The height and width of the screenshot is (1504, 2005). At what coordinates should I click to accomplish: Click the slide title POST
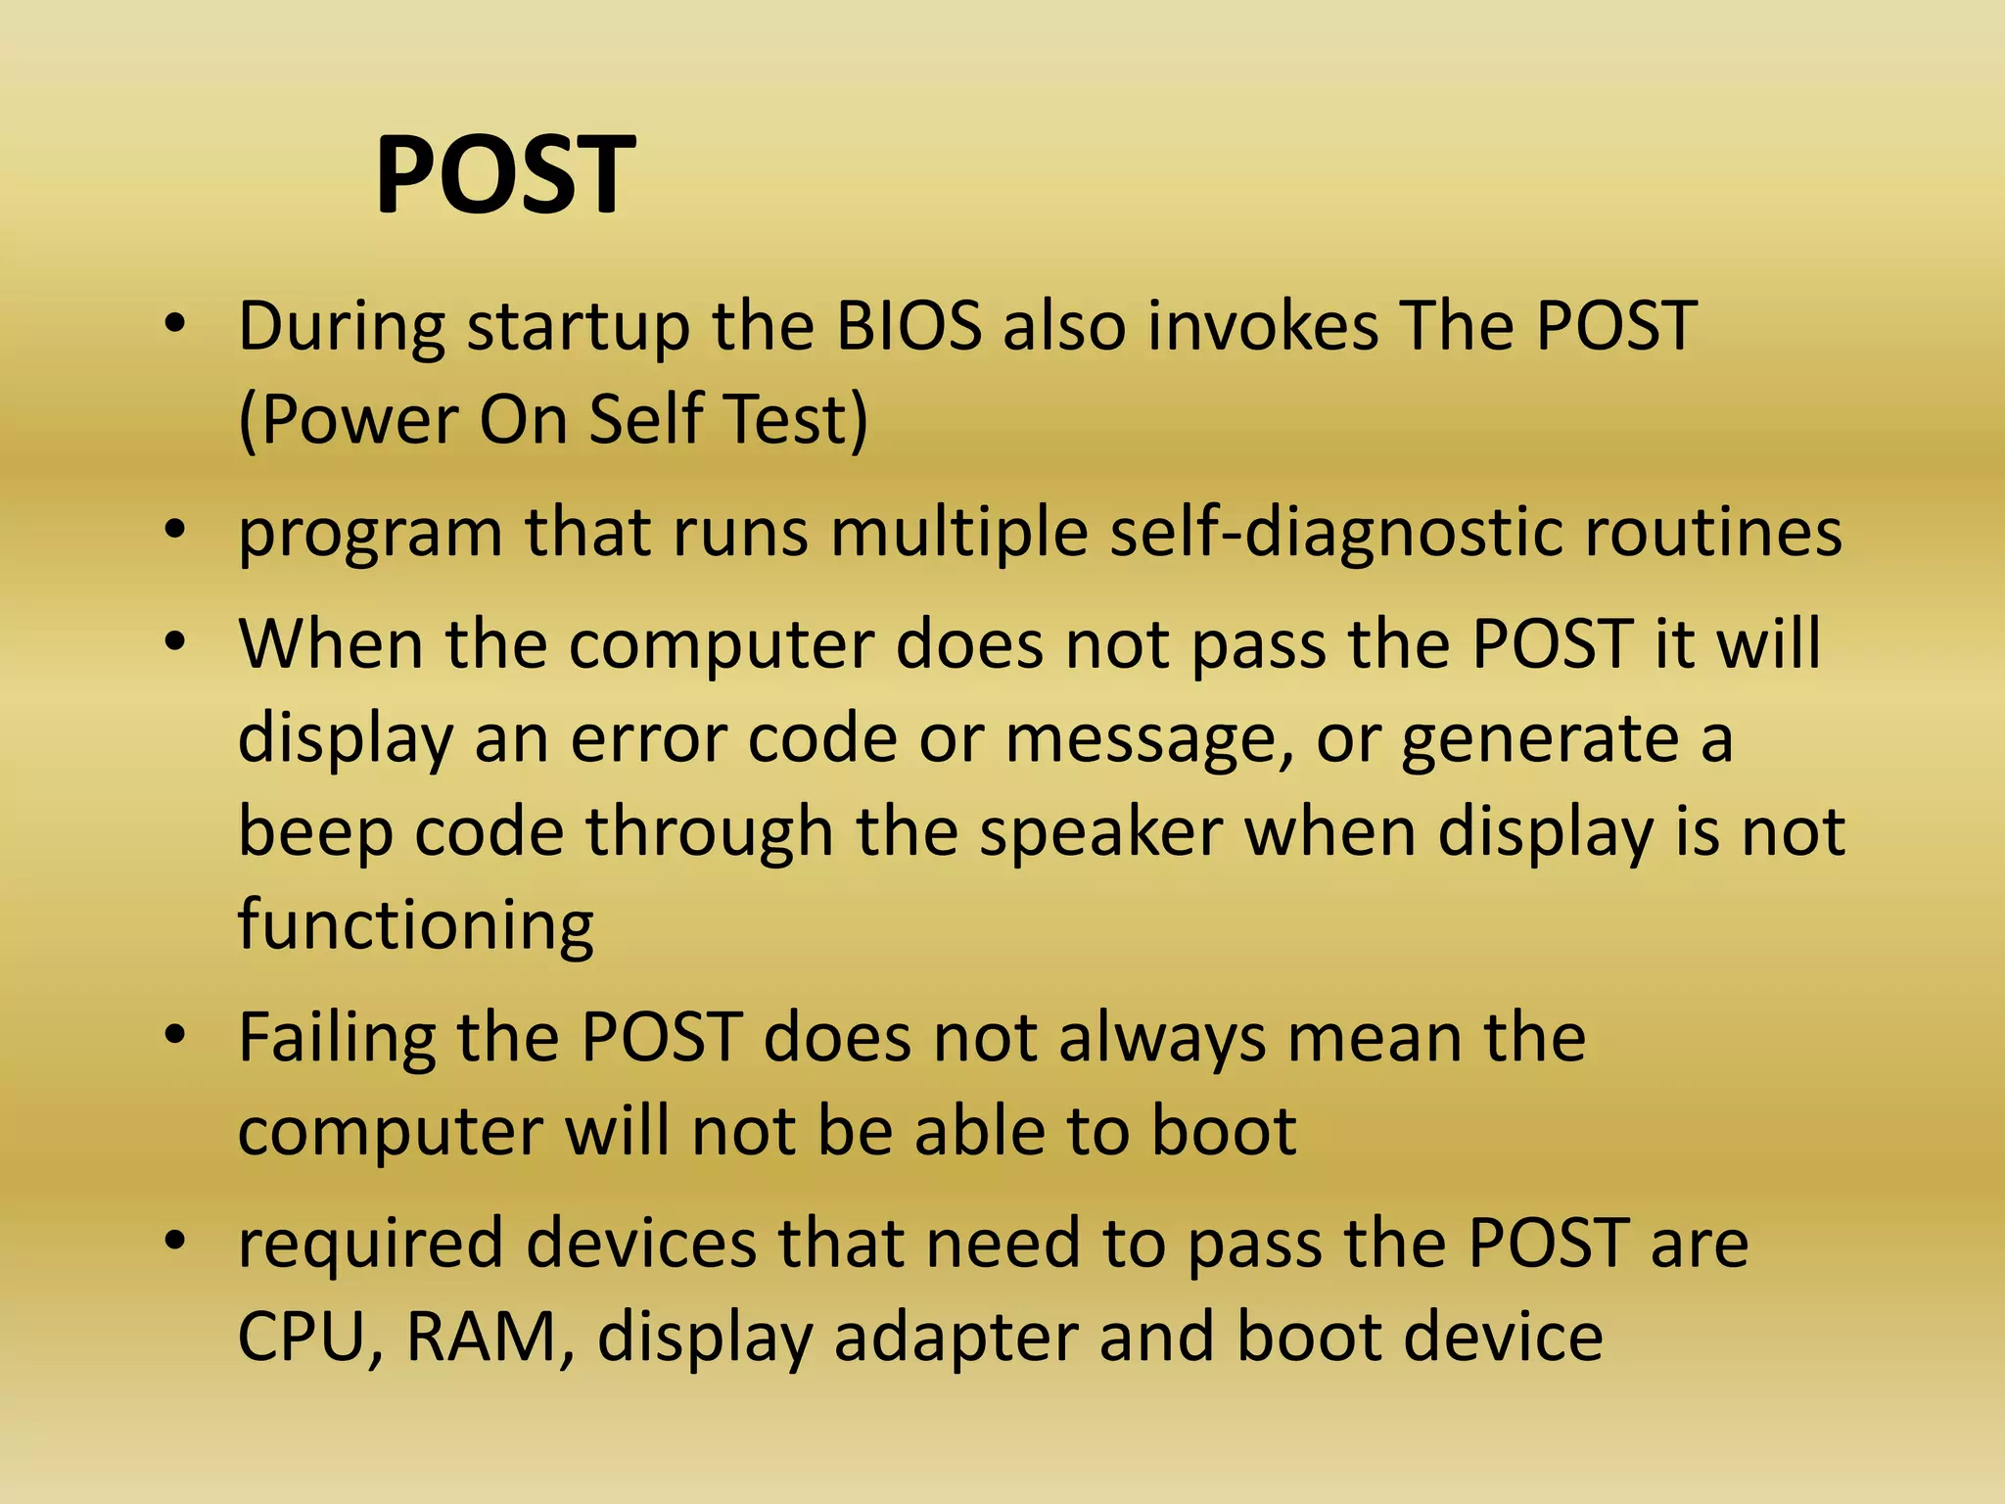(505, 176)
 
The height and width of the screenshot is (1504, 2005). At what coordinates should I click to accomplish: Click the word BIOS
(909, 326)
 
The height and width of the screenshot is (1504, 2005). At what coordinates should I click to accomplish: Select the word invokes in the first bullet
(1264, 326)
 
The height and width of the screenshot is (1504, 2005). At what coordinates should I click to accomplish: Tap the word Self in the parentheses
(646, 420)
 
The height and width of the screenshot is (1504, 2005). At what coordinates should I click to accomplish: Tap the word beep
(315, 833)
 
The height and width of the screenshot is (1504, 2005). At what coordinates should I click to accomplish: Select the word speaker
(1101, 833)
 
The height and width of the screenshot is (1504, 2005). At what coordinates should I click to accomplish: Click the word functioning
(415, 925)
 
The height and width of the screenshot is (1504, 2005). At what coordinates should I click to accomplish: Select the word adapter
(956, 1338)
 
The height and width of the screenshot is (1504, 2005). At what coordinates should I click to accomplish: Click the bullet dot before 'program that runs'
(175, 531)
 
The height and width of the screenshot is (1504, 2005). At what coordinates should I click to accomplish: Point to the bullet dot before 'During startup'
(175, 325)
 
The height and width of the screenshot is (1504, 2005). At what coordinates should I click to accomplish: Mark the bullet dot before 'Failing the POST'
(175, 1036)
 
